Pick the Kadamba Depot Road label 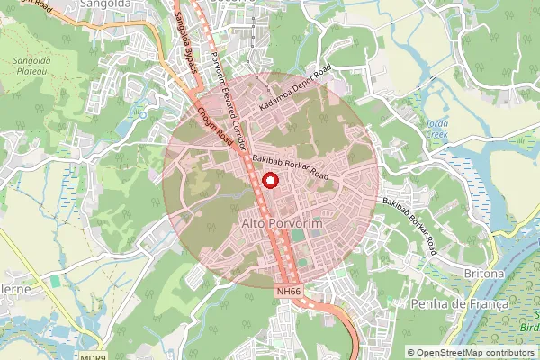pos(294,92)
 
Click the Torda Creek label pos(436,127)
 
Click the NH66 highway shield pos(288,292)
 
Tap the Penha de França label pos(459,304)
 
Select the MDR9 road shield pos(93,356)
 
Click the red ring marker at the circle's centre pos(269,180)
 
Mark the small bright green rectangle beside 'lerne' pos(55,282)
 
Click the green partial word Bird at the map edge pos(530,328)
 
